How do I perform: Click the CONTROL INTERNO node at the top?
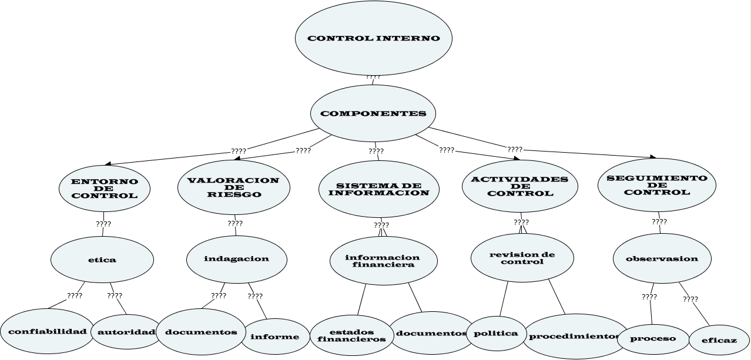coord(374,38)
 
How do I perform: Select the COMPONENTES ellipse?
coord(373,113)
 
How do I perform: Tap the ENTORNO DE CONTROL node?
coord(105,189)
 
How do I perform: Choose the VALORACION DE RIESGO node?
coord(233,187)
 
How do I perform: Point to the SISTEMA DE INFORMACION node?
coord(378,189)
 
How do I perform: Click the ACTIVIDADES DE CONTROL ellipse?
coord(520,186)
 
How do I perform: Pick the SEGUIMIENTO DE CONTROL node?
coord(657,184)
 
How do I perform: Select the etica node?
coord(102,260)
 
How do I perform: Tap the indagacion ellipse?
coord(237,258)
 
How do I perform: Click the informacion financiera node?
coord(383,261)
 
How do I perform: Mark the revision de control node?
coord(522,258)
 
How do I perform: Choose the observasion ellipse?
coord(662,258)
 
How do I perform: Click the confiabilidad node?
coord(47,331)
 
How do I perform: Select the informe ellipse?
coord(275,337)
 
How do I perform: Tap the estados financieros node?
coord(351,335)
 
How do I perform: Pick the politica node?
coord(495,333)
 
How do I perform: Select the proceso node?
coord(653,338)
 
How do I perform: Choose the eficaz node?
coord(719,340)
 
